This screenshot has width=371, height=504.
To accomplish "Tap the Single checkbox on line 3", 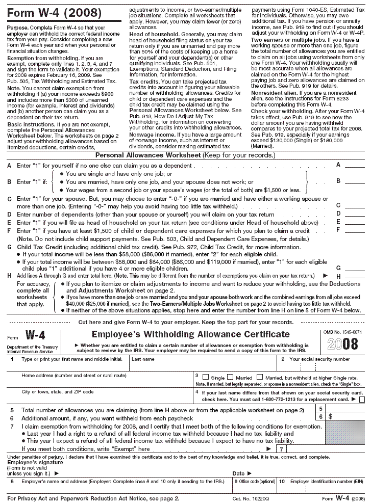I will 206,377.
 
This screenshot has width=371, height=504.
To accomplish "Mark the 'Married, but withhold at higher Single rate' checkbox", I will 260,377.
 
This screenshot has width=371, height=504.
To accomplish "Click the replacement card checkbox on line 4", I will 362,400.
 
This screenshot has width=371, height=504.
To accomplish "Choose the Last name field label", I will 143,359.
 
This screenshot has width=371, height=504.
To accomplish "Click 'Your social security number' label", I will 319,359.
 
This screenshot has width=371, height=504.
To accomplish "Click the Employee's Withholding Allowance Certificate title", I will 190,335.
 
